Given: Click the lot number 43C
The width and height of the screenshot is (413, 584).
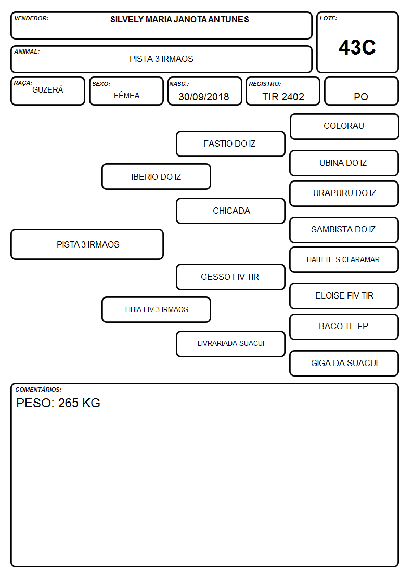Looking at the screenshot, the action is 357,47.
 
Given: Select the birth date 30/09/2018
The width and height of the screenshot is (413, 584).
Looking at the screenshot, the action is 204,97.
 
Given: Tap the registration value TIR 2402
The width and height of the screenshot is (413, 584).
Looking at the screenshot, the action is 283,97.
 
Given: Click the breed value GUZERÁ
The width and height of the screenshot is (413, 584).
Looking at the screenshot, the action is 48,90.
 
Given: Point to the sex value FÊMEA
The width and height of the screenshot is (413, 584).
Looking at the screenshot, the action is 126,95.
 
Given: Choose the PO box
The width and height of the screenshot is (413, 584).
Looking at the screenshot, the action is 361,91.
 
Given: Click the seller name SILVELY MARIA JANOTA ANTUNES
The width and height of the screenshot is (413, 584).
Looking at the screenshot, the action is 179,19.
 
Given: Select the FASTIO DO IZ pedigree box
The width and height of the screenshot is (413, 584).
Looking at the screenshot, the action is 230,144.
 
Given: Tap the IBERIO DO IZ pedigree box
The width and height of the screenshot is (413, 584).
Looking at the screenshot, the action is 156,176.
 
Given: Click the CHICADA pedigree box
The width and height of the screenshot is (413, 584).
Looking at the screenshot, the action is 230,211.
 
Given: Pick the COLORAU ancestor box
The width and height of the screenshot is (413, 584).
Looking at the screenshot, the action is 344,127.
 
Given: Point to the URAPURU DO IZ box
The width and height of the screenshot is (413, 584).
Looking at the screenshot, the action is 344,193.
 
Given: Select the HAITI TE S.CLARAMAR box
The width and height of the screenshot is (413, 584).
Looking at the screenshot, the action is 344,260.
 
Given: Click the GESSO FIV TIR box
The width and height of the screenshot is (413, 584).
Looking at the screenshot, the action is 230,277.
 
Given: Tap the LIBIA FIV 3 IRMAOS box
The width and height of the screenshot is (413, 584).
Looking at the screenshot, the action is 156,309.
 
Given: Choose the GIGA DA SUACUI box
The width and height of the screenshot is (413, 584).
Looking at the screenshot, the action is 344,363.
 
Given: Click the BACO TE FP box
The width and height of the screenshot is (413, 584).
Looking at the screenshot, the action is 344,327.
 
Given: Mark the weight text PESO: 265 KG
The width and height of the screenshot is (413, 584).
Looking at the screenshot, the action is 58,403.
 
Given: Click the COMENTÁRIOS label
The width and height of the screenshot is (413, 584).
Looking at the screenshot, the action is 38,390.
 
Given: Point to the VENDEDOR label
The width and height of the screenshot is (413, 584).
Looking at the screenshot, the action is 31,18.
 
